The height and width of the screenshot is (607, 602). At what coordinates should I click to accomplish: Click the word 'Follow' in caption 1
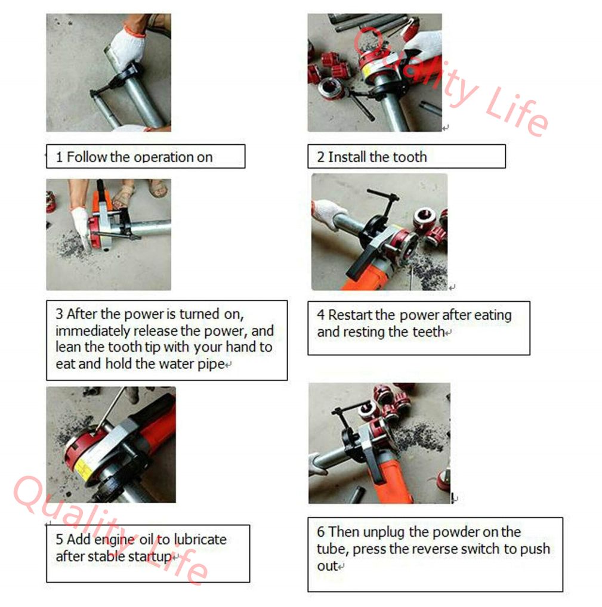pos(87,157)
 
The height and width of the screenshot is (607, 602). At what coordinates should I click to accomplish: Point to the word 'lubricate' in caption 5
pos(200,539)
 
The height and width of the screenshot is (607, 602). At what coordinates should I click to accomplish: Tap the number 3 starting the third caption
pos(59,314)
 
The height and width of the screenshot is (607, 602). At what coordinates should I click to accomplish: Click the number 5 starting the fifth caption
pos(59,539)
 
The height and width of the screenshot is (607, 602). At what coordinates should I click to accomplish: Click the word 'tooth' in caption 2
pos(410,157)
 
